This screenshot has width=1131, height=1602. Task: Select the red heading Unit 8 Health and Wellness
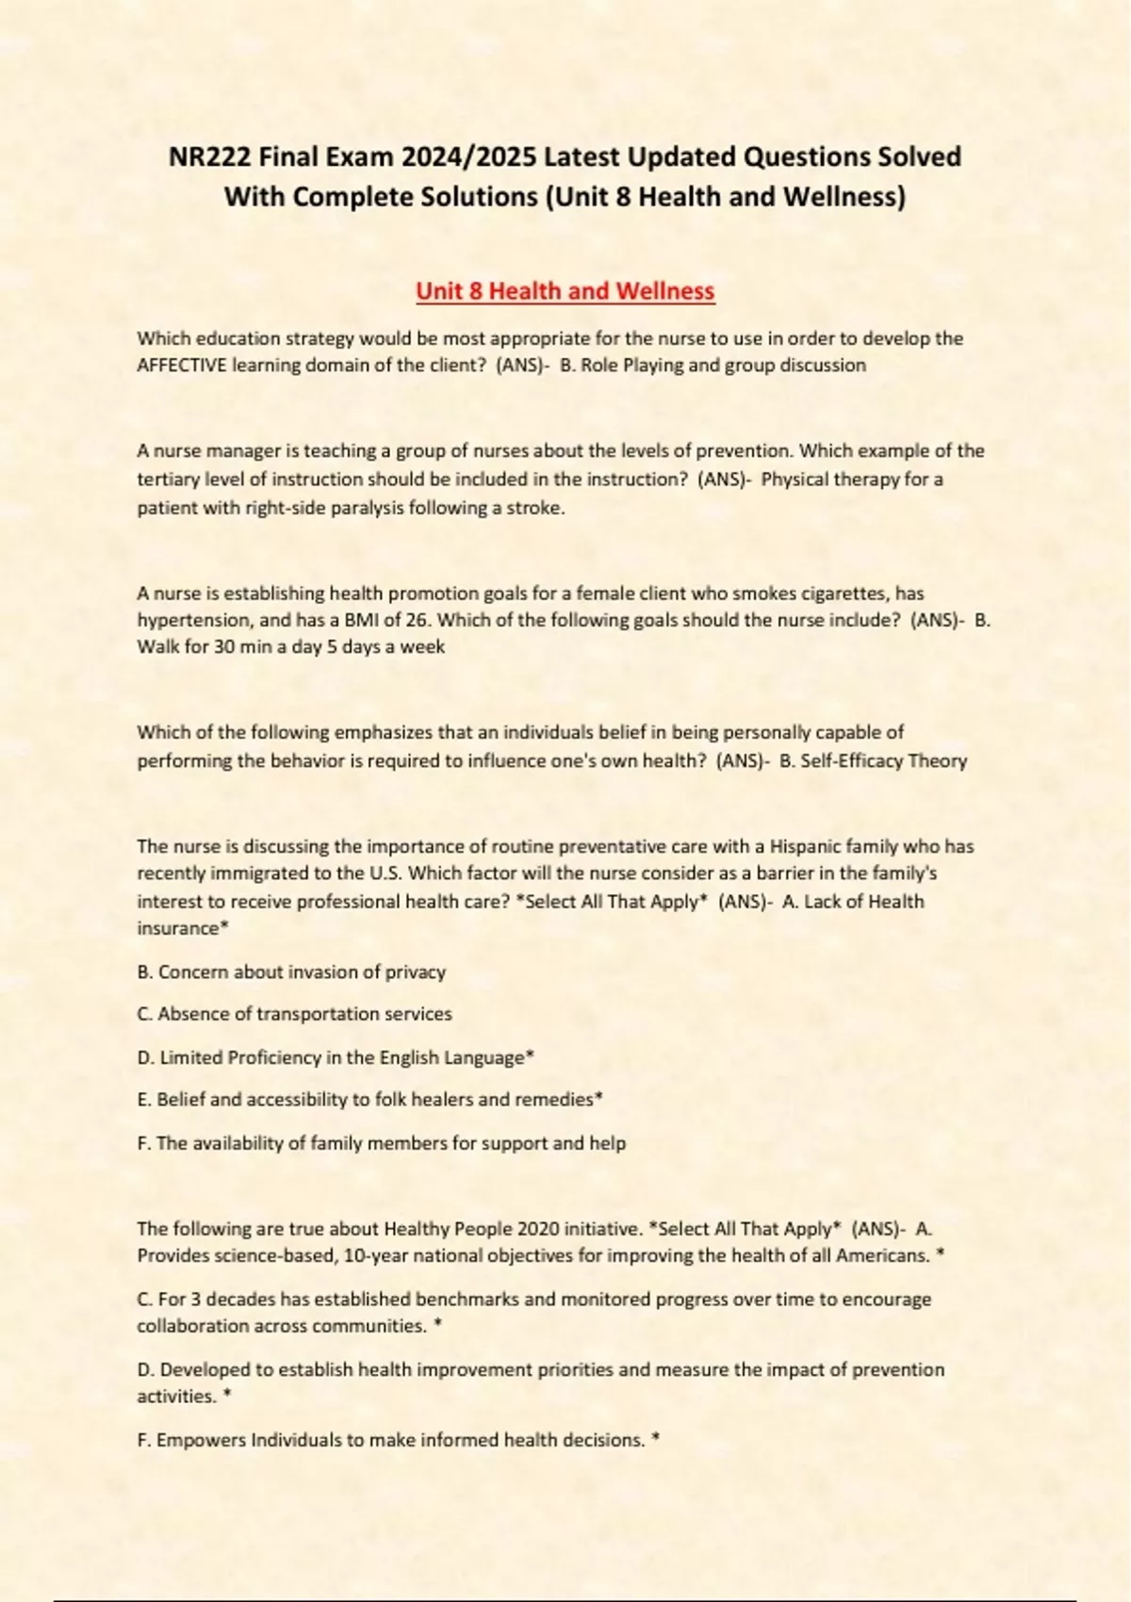tap(565, 291)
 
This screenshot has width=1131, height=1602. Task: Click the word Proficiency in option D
tap(274, 1057)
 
